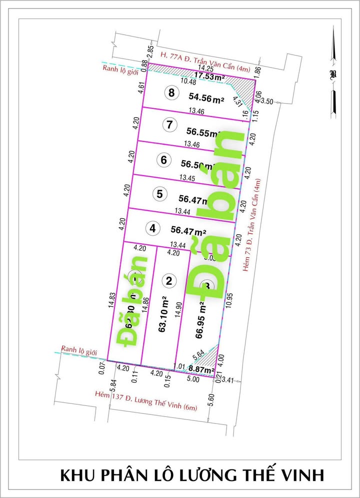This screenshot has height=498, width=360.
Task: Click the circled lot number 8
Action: pos(171,92)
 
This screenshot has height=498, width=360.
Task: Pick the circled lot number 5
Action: pos(159,194)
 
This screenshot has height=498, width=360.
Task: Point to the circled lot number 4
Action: pos(152,228)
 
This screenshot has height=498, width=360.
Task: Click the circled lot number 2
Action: pos(169,281)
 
